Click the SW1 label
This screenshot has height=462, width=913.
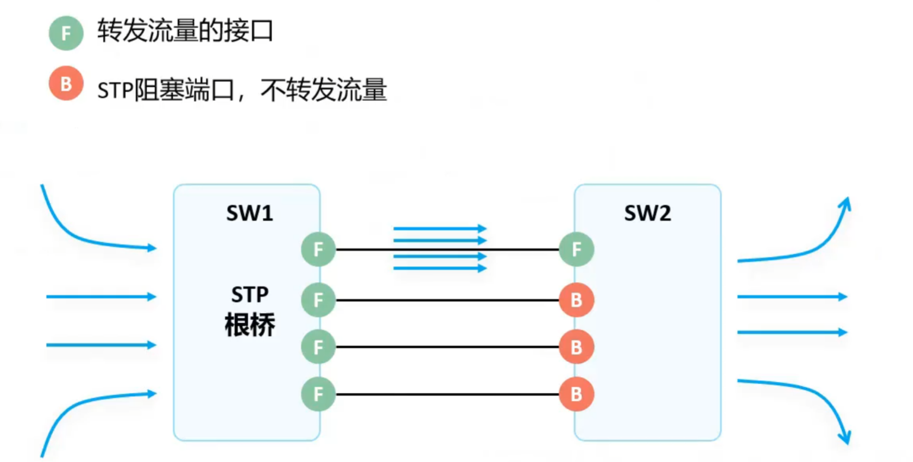pyautogui.click(x=249, y=214)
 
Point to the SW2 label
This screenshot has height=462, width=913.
pyautogui.click(x=647, y=214)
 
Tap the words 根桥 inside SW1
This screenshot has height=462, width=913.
pyautogui.click(x=250, y=326)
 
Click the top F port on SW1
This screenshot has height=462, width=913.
pyautogui.click(x=318, y=249)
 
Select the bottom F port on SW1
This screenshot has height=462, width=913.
pyautogui.click(x=318, y=394)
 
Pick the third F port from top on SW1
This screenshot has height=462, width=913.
pyautogui.click(x=318, y=347)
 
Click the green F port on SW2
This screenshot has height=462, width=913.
pyautogui.click(x=576, y=249)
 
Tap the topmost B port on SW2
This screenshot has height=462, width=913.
pyautogui.click(x=576, y=300)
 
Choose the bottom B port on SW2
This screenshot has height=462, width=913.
pyautogui.click(x=576, y=394)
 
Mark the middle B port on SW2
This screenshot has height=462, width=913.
pyautogui.click(x=576, y=347)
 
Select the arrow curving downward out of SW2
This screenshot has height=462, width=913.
pyautogui.click(x=812, y=394)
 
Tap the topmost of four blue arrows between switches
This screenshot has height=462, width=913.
pyautogui.click(x=439, y=228)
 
